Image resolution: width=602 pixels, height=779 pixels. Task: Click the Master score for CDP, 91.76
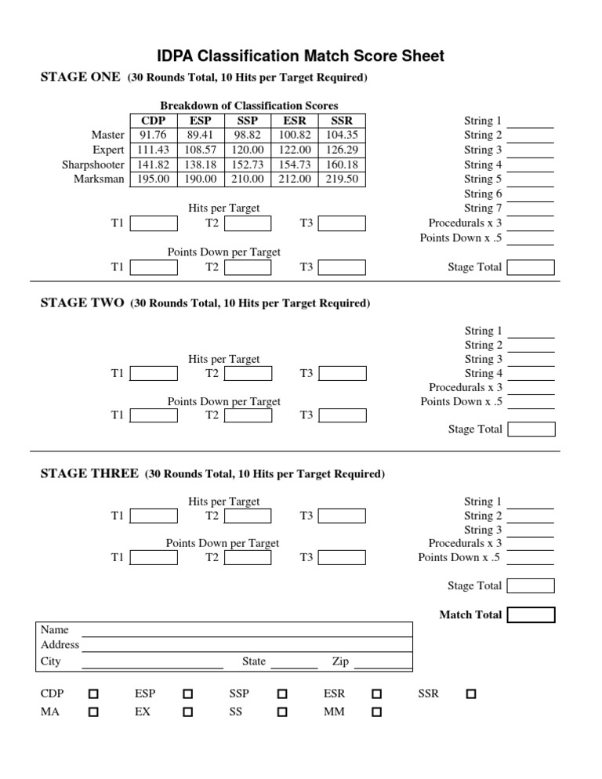pyautogui.click(x=153, y=135)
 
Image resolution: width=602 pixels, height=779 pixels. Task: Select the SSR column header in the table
pyautogui.click(x=342, y=121)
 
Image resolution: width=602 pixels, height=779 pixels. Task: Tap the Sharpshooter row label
pyautogui.click(x=93, y=165)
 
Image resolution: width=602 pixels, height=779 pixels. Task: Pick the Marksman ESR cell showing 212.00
pyautogui.click(x=295, y=179)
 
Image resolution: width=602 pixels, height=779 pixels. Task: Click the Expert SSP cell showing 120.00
pyautogui.click(x=247, y=150)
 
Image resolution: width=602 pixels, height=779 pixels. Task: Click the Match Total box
pyautogui.click(x=531, y=615)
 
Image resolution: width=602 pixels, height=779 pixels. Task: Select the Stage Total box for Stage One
pyautogui.click(x=531, y=267)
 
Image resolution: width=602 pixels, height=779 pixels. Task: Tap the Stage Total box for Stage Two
pyautogui.click(x=531, y=429)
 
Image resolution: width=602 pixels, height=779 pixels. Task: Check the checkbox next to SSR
pyautogui.click(x=470, y=694)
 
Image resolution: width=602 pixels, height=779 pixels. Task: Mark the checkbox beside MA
pyautogui.click(x=94, y=712)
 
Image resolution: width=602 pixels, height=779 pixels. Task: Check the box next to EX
pyautogui.click(x=188, y=712)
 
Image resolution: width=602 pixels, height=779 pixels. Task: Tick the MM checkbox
pyautogui.click(x=376, y=712)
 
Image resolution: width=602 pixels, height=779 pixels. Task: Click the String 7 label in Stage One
pyautogui.click(x=483, y=208)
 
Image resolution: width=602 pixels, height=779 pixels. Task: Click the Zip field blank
pyautogui.click(x=383, y=664)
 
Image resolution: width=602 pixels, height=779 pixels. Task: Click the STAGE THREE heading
pyautogui.click(x=89, y=474)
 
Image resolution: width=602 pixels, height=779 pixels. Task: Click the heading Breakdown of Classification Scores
pyautogui.click(x=248, y=106)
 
